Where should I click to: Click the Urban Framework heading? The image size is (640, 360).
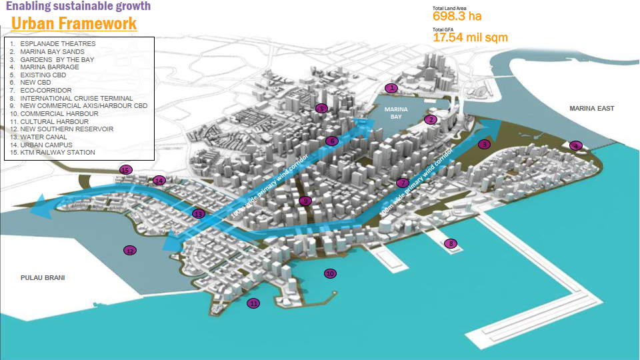[x=74, y=24]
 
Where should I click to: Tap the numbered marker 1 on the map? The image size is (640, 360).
[x=392, y=87]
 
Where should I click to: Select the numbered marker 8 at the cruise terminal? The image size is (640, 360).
[x=451, y=243]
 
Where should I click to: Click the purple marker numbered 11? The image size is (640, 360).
[x=253, y=303]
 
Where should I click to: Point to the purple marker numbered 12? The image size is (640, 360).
[x=129, y=251]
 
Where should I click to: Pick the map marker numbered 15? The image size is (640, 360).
[x=125, y=170]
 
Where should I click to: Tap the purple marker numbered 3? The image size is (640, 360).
[x=485, y=143]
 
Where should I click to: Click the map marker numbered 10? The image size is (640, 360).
[x=329, y=273]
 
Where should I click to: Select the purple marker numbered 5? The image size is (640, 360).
[x=321, y=109]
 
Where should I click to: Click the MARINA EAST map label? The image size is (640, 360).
[x=591, y=108]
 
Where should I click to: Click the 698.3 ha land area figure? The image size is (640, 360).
[x=457, y=16]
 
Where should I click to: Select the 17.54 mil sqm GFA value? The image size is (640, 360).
[x=470, y=37]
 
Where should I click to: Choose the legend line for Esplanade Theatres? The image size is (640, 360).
[x=53, y=44]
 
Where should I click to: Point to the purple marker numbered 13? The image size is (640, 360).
[x=198, y=213]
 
